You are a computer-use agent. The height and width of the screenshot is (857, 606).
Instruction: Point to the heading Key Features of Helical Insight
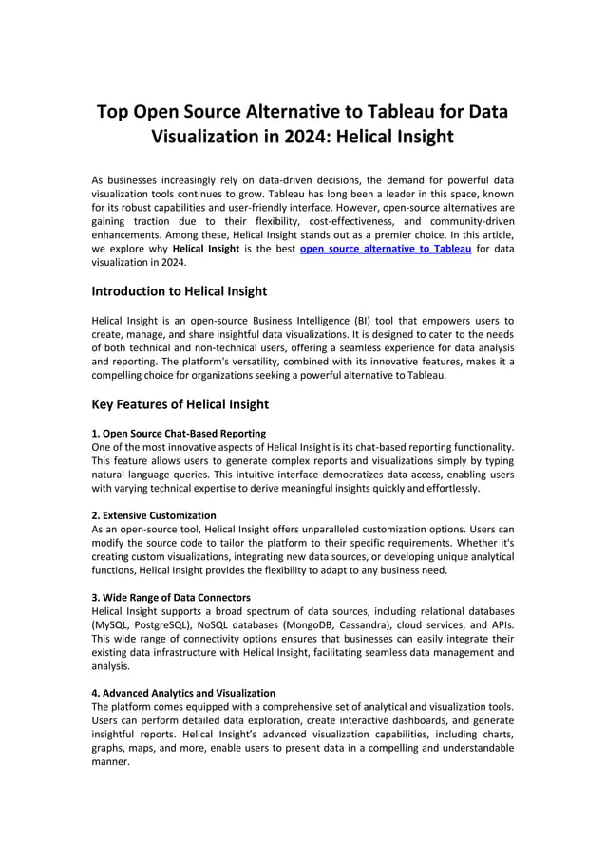pos(180,404)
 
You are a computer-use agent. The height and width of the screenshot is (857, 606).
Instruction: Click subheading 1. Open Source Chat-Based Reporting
pos(171,433)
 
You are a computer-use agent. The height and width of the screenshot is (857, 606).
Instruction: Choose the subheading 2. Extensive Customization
pos(153,515)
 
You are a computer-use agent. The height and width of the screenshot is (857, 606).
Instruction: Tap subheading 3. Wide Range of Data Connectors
pos(171,597)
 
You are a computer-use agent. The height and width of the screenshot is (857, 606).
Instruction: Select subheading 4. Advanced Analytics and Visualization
pos(183,693)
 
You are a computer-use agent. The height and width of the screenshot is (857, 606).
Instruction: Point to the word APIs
pos(498,625)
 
